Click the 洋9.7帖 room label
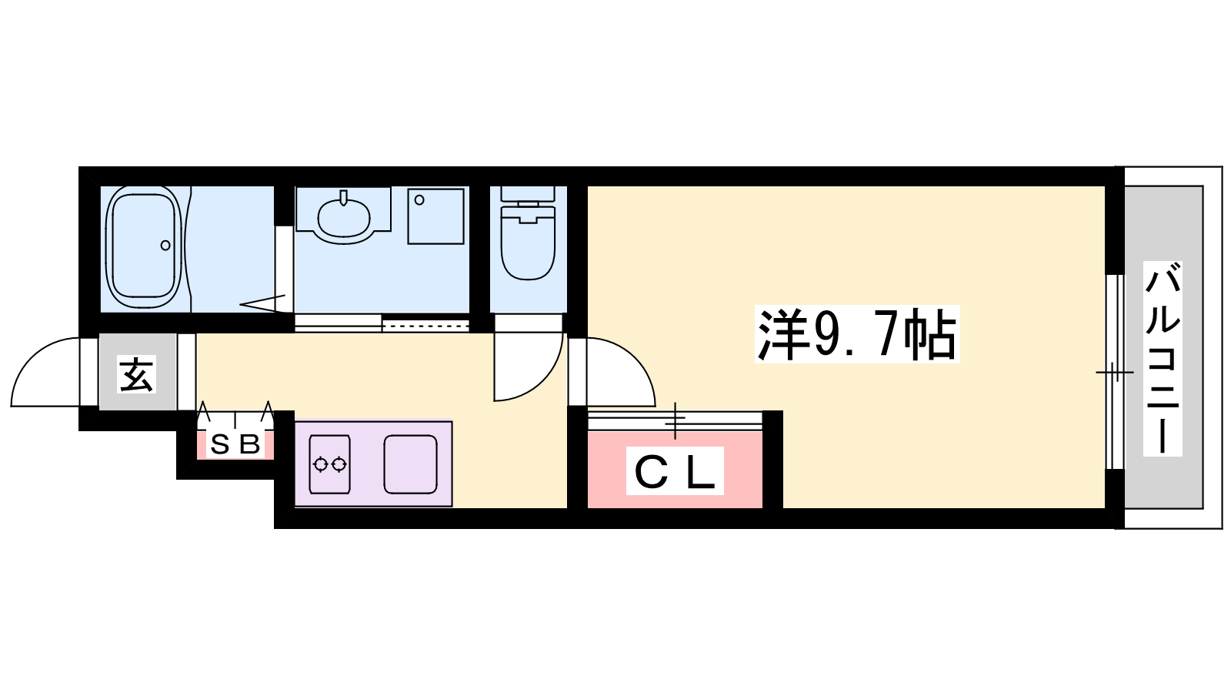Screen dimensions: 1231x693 point(857,334)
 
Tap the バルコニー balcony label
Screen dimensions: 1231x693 point(1163,359)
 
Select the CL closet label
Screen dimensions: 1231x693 point(675,470)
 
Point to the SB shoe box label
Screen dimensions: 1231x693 point(235,444)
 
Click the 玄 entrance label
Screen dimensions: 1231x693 point(136,374)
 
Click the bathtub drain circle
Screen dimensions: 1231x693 point(165,246)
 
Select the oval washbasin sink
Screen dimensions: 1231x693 point(344,217)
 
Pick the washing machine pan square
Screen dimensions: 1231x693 point(435,216)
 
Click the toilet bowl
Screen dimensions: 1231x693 point(528,245)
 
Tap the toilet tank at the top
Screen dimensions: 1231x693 point(528,194)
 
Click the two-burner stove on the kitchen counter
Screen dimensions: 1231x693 point(330,464)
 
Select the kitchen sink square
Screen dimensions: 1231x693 point(411,464)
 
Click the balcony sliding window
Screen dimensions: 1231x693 point(1116,372)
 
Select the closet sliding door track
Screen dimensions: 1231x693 point(675,422)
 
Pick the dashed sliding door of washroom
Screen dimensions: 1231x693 point(425,325)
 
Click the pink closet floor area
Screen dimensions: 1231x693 point(675,470)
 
